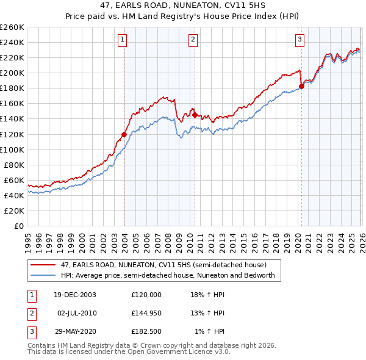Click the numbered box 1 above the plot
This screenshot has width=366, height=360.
click(123, 40)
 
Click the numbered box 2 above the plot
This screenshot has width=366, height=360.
click(193, 40)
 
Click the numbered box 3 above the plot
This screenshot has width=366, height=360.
click(300, 40)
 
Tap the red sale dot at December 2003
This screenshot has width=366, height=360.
click(124, 134)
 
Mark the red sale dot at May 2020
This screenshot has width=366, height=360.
click(301, 86)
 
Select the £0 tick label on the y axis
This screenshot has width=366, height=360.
click(18, 226)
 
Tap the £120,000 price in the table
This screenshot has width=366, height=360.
click(146, 294)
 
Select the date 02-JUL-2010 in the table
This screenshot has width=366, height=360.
click(77, 313)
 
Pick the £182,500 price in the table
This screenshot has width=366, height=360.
click(146, 331)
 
